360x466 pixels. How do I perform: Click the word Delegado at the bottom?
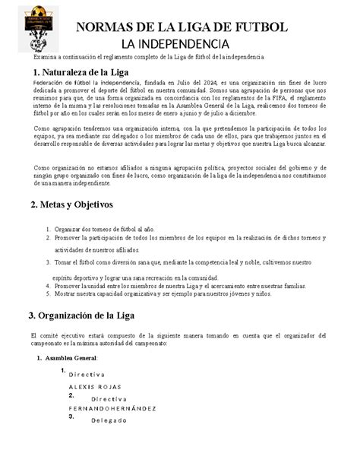(x=111, y=420)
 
